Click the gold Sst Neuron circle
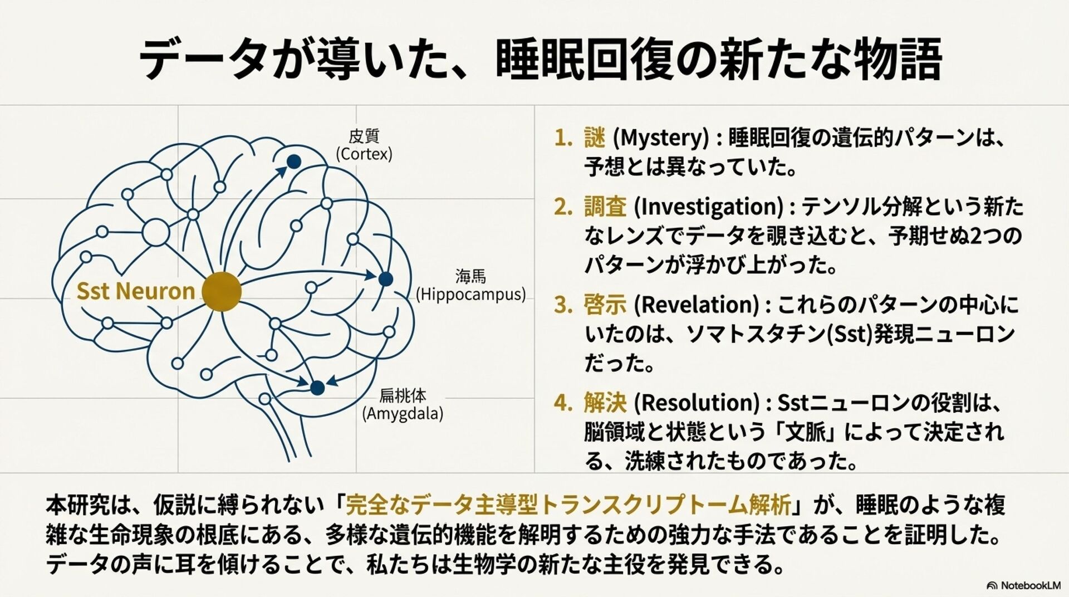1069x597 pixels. click(x=222, y=291)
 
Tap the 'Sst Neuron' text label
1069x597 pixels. click(x=135, y=291)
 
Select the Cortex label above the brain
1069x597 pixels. click(x=364, y=145)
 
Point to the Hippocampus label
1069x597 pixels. click(x=470, y=285)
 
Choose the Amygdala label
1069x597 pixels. click(x=403, y=405)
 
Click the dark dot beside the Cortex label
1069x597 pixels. click(x=294, y=162)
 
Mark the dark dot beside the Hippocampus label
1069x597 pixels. click(x=385, y=279)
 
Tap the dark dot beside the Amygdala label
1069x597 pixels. click(x=317, y=388)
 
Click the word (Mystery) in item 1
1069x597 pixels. click(x=660, y=138)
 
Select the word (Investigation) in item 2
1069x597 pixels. click(x=709, y=207)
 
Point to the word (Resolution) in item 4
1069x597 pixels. click(x=697, y=402)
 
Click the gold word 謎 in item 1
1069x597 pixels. click(x=594, y=138)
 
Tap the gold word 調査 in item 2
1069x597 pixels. click(x=605, y=207)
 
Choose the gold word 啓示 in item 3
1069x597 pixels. click(x=605, y=305)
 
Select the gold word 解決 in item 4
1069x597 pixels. click(x=605, y=402)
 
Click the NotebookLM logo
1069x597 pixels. click(x=1023, y=585)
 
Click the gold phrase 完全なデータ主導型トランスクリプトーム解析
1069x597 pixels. click(x=568, y=505)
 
